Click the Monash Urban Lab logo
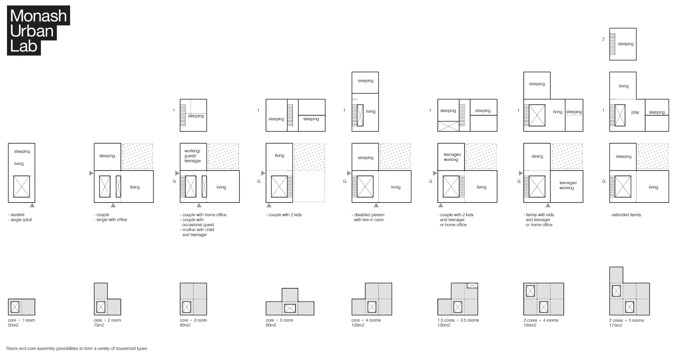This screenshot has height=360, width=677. point(38,30)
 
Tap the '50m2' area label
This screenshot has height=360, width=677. point(13,325)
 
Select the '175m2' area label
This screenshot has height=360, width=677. point(615,325)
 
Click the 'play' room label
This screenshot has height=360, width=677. point(635,112)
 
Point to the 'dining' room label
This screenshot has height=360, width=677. point(537,157)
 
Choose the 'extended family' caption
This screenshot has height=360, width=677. point(625,215)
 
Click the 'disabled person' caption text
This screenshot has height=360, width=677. point(368,215)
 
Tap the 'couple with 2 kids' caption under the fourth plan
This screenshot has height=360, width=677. point(284,215)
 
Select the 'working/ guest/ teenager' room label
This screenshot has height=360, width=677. point(193,156)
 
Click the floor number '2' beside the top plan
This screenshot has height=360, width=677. point(603,39)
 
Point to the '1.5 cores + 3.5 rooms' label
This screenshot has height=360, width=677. point(458,320)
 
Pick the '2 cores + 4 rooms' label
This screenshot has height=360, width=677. point(540,320)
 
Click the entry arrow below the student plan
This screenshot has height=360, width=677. point(32,205)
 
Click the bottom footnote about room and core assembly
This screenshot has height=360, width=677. point(77,349)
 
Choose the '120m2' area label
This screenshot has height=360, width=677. point(358,325)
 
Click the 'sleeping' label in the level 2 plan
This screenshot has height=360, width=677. point(626,44)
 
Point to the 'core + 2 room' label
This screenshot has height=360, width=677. point(107,320)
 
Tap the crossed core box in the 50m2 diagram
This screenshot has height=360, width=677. point(15,307)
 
